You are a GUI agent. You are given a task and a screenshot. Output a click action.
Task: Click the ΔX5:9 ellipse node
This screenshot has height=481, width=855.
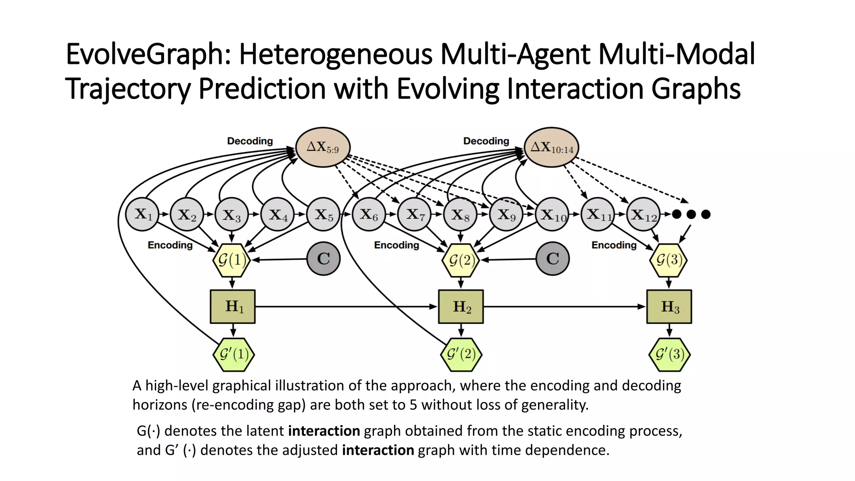click(x=323, y=147)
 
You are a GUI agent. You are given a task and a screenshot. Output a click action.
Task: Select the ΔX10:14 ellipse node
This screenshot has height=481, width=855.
click(x=551, y=147)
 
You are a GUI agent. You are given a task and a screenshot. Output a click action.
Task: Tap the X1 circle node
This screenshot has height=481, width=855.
click(x=142, y=214)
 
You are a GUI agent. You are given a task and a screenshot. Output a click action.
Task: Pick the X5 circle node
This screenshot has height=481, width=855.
click(x=324, y=214)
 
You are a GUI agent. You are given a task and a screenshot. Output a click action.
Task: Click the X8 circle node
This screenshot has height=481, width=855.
click(x=460, y=214)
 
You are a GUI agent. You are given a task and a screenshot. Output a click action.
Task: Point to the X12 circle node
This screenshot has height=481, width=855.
click(x=644, y=214)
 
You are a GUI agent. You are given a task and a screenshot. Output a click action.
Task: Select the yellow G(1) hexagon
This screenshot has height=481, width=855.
click(x=232, y=260)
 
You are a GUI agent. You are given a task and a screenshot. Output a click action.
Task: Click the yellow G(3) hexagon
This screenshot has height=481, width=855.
click(x=668, y=260)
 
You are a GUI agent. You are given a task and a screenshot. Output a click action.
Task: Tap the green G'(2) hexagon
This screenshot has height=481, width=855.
click(x=461, y=354)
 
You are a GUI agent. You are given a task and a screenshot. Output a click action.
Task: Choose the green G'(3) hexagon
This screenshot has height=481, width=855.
click(x=669, y=354)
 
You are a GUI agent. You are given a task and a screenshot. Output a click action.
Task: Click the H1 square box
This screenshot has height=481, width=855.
click(x=233, y=306)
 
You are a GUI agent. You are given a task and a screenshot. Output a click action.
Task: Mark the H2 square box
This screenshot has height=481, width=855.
click(x=461, y=306)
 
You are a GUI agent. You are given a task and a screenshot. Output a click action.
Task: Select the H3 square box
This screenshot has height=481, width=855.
click(x=669, y=306)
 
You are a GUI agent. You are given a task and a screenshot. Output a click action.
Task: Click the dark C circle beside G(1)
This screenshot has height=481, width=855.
click(x=324, y=258)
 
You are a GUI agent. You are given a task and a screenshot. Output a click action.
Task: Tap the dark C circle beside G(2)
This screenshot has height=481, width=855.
click(x=552, y=258)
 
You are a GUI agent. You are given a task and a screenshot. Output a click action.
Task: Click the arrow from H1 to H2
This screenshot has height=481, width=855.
click(x=347, y=306)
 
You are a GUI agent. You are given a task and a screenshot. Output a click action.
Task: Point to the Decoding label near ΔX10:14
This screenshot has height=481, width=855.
click(x=486, y=141)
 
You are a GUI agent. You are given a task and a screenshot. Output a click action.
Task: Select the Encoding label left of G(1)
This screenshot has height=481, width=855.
click(x=170, y=245)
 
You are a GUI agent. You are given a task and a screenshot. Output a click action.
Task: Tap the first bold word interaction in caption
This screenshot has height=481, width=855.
click(x=324, y=430)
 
